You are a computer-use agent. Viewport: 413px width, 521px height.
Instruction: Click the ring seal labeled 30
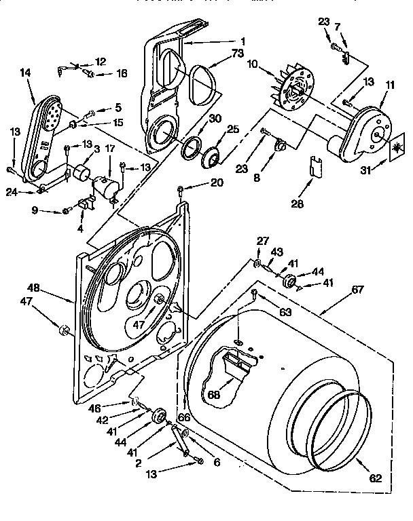click(191, 144)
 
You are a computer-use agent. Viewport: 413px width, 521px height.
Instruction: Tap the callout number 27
click(262, 241)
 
